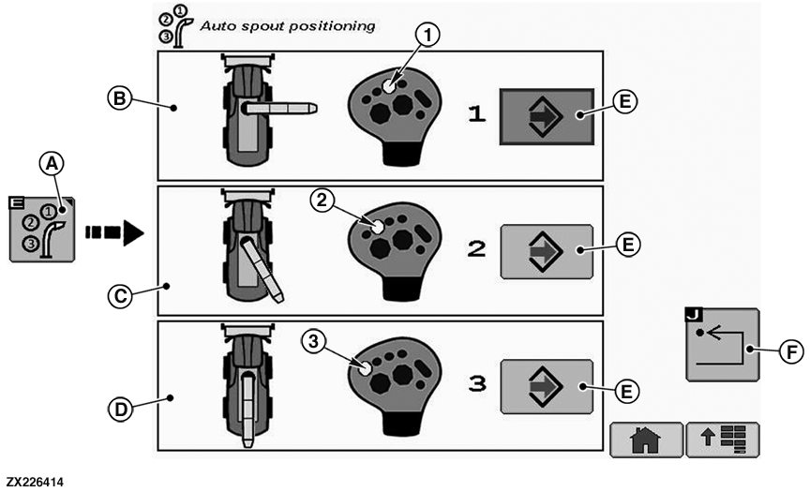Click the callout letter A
coord(52,164)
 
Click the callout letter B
coord(119,97)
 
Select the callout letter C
coord(120,296)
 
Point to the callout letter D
coord(120,410)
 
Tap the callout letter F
coord(791,351)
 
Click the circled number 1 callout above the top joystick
coord(427,35)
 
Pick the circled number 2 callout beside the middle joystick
coord(322,200)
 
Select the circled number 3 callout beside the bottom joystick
coord(313,341)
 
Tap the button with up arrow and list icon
coord(723,440)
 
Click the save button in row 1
coord(547,116)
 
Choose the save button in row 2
coord(547,251)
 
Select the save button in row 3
coord(547,387)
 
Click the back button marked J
coord(722,344)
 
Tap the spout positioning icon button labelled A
coord(42,229)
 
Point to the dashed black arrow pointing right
coord(114,232)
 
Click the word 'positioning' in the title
coord(331,26)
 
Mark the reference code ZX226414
coord(35,483)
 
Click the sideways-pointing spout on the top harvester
coord(279,108)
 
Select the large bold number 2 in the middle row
coord(476,249)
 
